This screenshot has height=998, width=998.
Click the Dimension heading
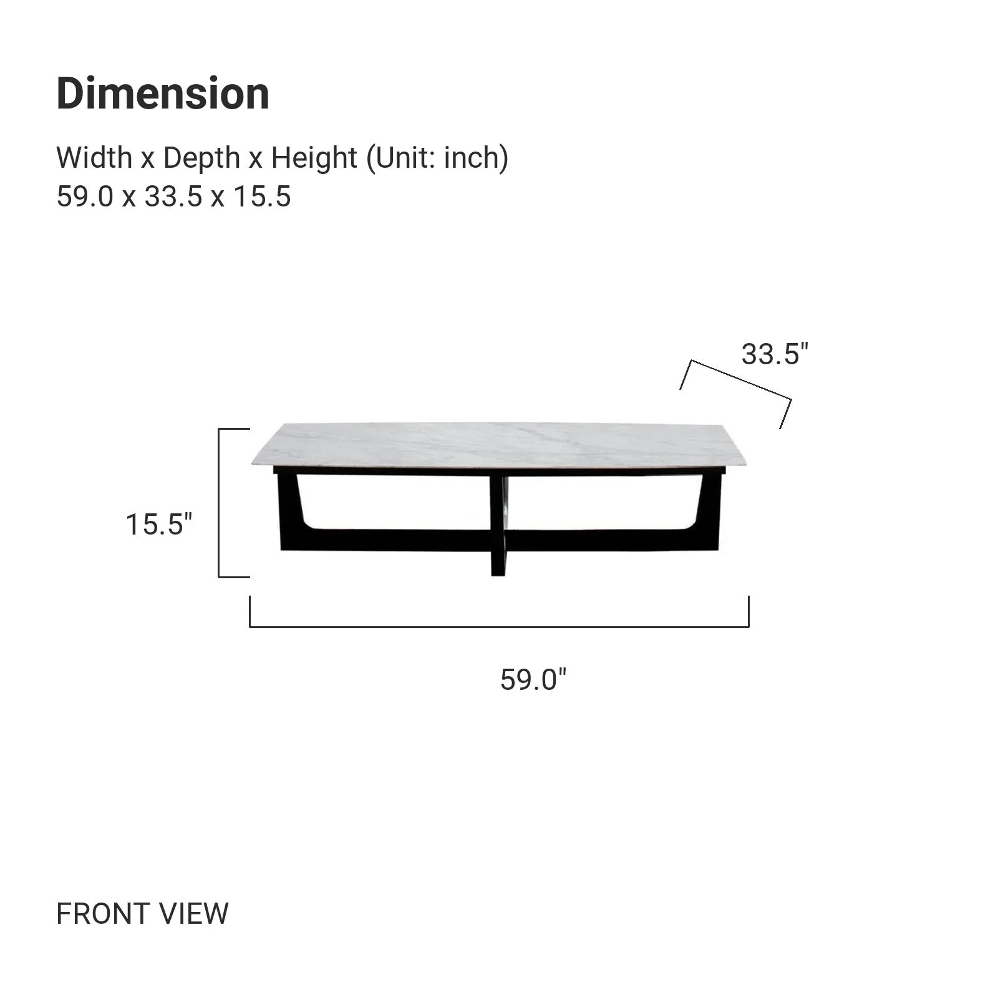click(163, 94)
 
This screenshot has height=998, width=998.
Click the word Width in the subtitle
click(94, 158)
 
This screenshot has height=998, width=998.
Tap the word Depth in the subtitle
click(201, 158)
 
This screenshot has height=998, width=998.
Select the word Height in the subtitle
click(314, 158)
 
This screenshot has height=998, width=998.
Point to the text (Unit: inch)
click(437, 158)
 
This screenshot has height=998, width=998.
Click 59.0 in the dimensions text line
click(85, 197)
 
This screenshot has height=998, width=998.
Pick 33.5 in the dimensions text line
click(173, 197)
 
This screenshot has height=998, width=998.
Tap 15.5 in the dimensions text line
click(262, 197)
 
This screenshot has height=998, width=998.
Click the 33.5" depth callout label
click(774, 354)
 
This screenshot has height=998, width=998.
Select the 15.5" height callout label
click(159, 524)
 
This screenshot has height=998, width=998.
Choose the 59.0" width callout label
click(533, 679)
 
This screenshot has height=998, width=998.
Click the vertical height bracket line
click(219, 503)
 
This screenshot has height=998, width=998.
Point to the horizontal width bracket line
click(499, 626)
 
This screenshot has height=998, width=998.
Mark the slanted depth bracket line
click(741, 379)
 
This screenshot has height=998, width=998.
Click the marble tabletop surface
click(499, 444)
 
